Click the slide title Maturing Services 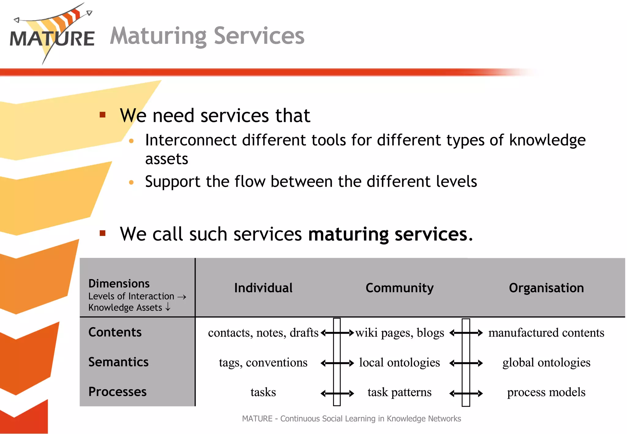[207, 36]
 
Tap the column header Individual [263, 288]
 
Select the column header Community [400, 288]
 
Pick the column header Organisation [546, 288]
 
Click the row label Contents [115, 332]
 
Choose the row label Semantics [118, 362]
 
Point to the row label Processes [117, 392]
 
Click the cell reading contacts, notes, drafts [263, 333]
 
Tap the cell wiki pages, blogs [400, 333]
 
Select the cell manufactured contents [546, 333]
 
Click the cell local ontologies [400, 362]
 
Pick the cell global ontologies [546, 362]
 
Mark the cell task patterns [400, 392]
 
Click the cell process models [546, 392]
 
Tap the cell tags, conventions [263, 362]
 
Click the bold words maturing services [390, 234]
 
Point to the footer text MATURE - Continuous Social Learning [351, 419]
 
